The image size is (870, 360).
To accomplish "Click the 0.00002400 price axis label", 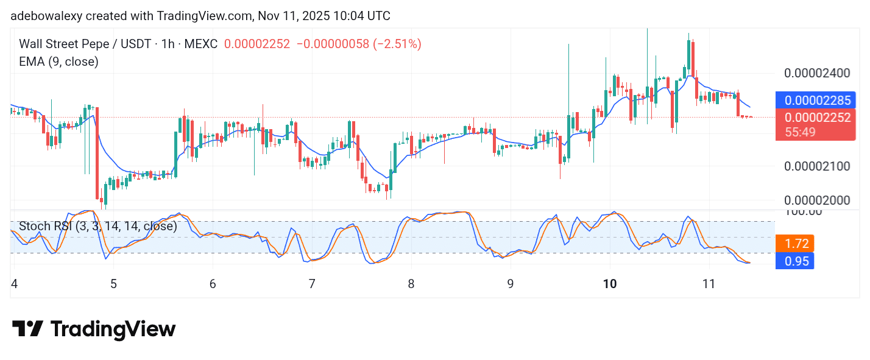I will pyautogui.click(x=816, y=74).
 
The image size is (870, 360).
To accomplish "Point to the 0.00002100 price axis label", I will pyautogui.click(x=816, y=166).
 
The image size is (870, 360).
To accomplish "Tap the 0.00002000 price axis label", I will pyautogui.click(x=816, y=201).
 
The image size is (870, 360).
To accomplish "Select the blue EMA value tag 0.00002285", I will pyautogui.click(x=816, y=100).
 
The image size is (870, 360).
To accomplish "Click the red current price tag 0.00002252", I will pyautogui.click(x=816, y=118).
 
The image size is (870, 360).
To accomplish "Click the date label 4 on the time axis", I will pyautogui.click(x=14, y=284).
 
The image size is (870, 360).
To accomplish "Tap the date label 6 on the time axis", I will pyautogui.click(x=213, y=284).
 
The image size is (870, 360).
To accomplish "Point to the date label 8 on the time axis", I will pyautogui.click(x=411, y=284).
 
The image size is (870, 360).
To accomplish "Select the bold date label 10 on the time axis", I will pyautogui.click(x=610, y=284).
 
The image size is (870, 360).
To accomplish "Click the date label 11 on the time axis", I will pyautogui.click(x=709, y=284).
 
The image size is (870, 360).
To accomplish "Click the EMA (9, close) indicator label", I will pyautogui.click(x=58, y=62).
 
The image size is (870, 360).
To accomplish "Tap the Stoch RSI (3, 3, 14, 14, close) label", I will pyautogui.click(x=97, y=226).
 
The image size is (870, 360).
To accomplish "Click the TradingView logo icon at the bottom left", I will pyautogui.click(x=27, y=330).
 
